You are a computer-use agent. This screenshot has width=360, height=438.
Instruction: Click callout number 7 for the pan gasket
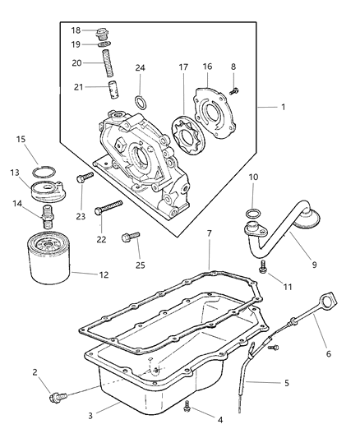point(210,233)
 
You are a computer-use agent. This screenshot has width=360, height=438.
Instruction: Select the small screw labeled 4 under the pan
point(188,404)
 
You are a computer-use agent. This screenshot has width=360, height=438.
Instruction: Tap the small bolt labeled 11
point(261,265)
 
